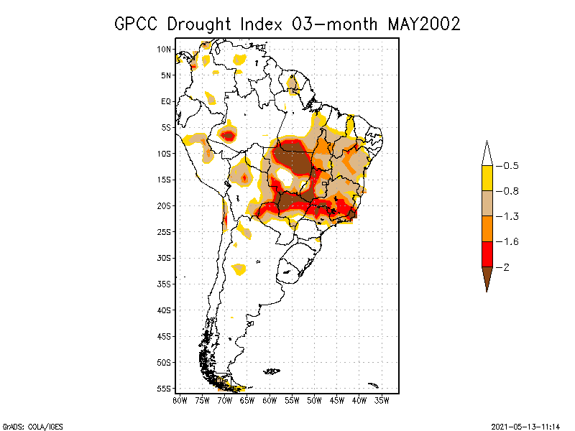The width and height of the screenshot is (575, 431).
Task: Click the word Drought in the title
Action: click(x=201, y=24)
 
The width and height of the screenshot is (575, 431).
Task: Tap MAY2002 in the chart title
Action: click(x=423, y=24)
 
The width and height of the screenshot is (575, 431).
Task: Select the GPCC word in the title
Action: click(x=137, y=24)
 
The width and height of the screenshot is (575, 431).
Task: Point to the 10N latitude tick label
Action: click(x=165, y=49)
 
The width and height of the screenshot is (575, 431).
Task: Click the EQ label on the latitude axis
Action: click(x=166, y=101)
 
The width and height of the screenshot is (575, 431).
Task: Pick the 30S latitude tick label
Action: click(x=165, y=258)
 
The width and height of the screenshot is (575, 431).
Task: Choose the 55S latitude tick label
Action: click(x=165, y=389)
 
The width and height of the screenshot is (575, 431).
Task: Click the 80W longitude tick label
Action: click(x=180, y=399)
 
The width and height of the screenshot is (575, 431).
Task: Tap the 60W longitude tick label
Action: click(x=270, y=399)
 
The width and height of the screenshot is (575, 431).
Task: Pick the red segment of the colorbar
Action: click(x=487, y=254)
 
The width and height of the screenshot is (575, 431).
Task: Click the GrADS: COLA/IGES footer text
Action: click(x=32, y=426)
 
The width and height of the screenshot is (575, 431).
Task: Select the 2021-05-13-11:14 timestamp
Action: click(x=525, y=426)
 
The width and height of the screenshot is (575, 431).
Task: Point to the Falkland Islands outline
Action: click(x=272, y=371)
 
